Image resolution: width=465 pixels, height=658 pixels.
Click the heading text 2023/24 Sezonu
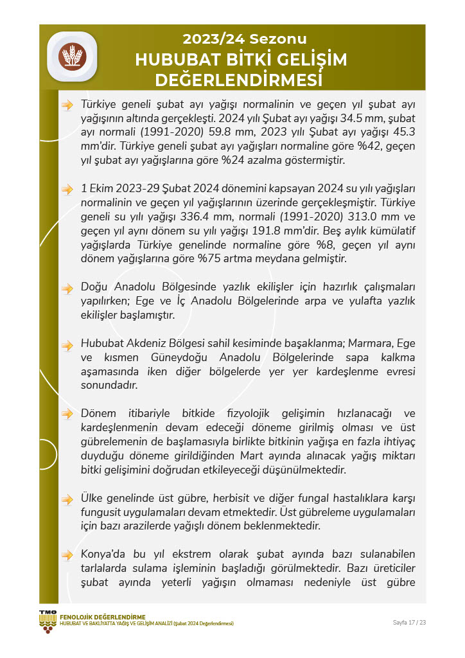click(x=244, y=39)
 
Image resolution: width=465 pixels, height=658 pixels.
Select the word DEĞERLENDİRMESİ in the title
click(x=238, y=81)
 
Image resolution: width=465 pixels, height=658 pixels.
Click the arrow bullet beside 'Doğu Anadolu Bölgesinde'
click(x=67, y=289)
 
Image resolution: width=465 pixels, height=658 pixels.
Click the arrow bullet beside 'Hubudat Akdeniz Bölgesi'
click(x=67, y=346)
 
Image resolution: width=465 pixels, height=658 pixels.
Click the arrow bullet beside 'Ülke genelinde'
click(x=67, y=499)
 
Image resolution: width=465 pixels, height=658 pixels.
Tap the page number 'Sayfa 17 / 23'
click(x=409, y=622)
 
